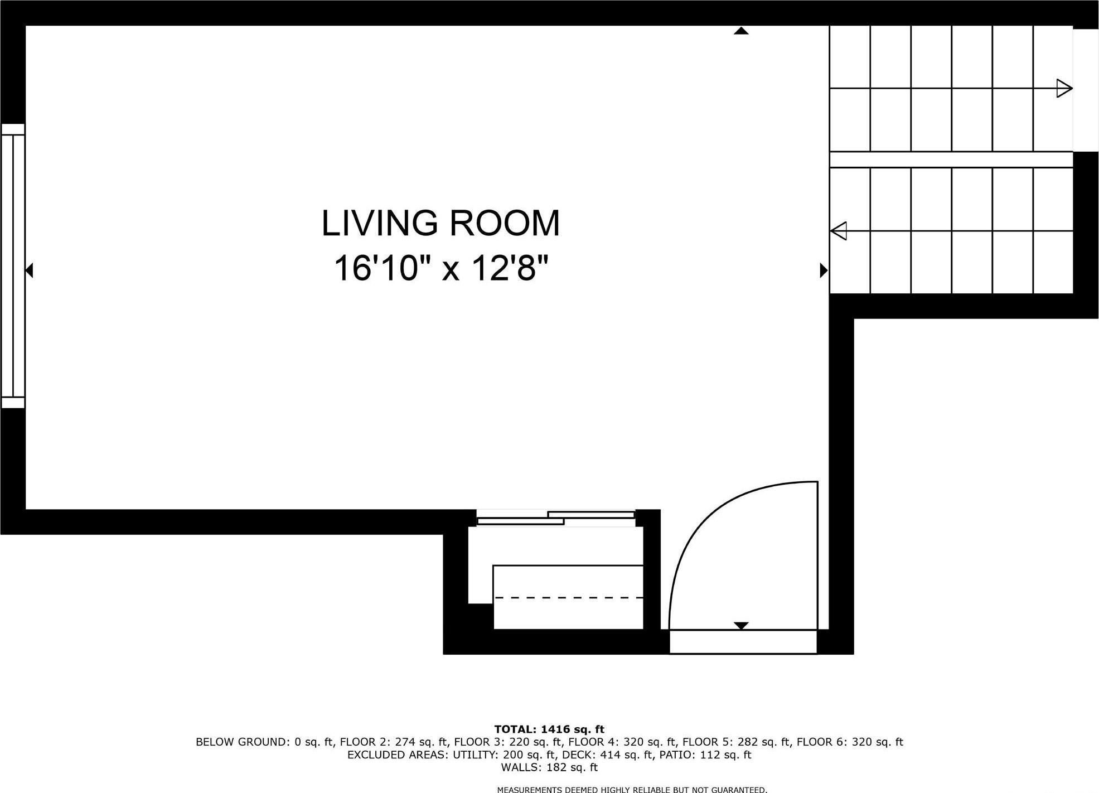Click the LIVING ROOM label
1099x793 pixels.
(x=440, y=223)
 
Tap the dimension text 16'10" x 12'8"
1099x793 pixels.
(x=441, y=268)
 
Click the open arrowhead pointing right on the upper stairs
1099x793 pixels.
(x=1064, y=88)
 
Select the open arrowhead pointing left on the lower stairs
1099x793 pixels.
(x=839, y=230)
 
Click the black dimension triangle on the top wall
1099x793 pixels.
(x=740, y=31)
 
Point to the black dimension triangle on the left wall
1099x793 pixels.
(x=30, y=270)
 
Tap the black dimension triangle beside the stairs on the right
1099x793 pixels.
(x=823, y=270)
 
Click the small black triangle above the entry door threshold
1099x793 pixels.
(x=740, y=626)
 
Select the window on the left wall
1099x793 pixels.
(x=13, y=265)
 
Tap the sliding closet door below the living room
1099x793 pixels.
(x=556, y=518)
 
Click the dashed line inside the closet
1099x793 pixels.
(x=569, y=597)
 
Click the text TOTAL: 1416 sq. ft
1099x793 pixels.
(x=549, y=729)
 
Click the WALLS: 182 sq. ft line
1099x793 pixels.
(x=549, y=767)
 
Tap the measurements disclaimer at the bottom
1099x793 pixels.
(x=632, y=789)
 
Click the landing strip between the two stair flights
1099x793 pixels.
(x=951, y=159)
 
